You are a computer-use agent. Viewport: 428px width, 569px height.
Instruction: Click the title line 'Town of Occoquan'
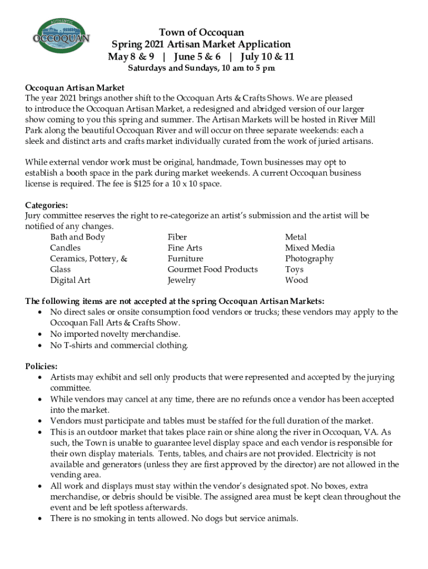201,33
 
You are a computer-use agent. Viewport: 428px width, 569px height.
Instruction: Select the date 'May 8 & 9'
131,57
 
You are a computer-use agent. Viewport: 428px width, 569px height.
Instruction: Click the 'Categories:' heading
47,205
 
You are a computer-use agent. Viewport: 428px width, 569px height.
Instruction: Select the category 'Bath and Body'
77,237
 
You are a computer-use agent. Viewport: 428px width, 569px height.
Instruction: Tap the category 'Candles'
65,248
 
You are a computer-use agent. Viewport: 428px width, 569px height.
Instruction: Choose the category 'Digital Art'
70,280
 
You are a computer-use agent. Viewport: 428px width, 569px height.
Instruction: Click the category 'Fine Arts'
185,248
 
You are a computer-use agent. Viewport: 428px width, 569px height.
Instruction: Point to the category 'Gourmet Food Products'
213,269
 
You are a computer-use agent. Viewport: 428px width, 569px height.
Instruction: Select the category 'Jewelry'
182,280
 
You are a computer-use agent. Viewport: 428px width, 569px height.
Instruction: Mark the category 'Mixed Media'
310,248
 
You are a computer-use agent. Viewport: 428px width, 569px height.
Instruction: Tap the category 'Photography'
310,259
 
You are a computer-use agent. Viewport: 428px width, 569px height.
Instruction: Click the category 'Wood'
296,280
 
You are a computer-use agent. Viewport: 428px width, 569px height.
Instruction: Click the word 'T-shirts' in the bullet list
79,346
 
